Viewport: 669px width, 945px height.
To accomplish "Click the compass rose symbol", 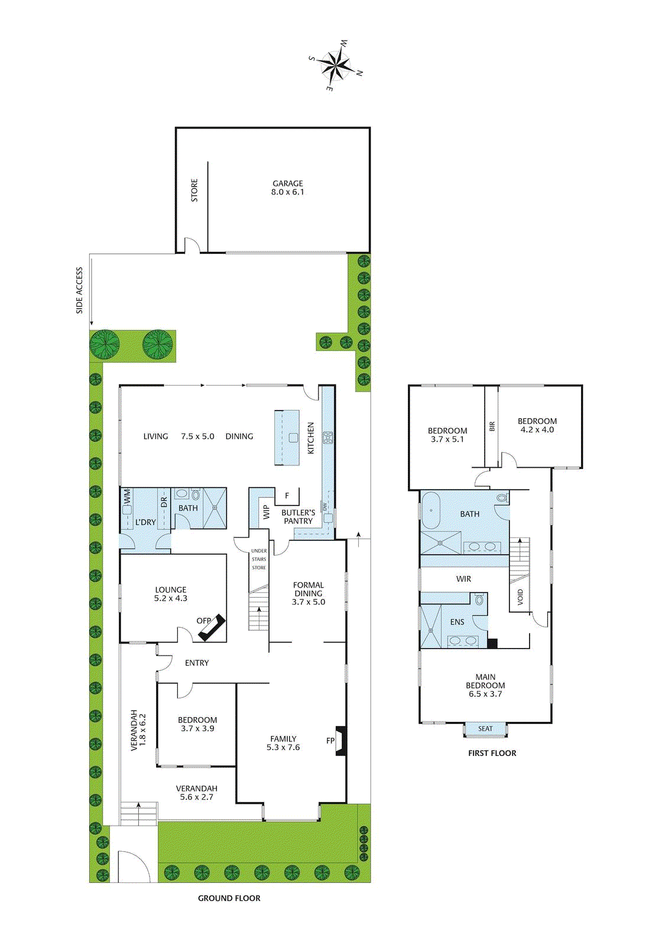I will pyautogui.click(x=336, y=65).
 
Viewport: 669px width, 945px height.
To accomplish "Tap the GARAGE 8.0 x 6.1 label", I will pyautogui.click(x=288, y=188).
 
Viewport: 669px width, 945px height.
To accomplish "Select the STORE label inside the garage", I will pyautogui.click(x=194, y=191).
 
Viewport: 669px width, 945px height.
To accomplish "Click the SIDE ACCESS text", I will pyautogui.click(x=79, y=291).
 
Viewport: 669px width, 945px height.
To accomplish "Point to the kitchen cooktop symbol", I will pyautogui.click(x=327, y=438).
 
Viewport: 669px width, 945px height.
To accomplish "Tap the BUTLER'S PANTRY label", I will pyautogui.click(x=298, y=517).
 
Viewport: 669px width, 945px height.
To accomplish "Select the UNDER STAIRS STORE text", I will pyautogui.click(x=259, y=559).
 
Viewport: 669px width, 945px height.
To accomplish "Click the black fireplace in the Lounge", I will pyautogui.click(x=212, y=627).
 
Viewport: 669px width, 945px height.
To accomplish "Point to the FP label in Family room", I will pyautogui.click(x=330, y=741).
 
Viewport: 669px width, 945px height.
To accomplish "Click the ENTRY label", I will pyautogui.click(x=197, y=663).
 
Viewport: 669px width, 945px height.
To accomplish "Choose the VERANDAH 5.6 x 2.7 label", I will pyautogui.click(x=197, y=793).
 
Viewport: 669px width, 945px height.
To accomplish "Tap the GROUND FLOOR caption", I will pyautogui.click(x=229, y=898).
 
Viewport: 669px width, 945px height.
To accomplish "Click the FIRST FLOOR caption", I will pyautogui.click(x=492, y=753).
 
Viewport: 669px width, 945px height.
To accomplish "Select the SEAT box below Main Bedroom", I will pyautogui.click(x=485, y=729).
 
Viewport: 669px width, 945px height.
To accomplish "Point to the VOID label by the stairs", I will pyautogui.click(x=520, y=597).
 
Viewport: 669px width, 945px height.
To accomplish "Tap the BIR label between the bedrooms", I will pyautogui.click(x=492, y=426).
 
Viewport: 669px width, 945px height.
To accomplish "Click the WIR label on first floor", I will pyautogui.click(x=463, y=579).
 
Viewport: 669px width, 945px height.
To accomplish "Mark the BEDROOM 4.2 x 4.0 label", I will pyautogui.click(x=537, y=425).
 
